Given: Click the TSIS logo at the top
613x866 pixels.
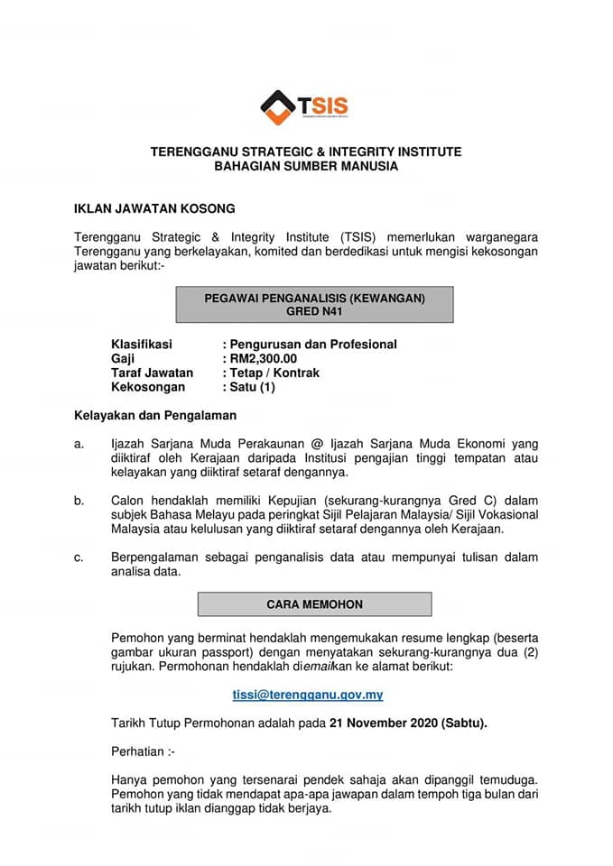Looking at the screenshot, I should pyautogui.click(x=304, y=107).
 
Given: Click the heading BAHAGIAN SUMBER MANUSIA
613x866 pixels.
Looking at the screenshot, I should pyautogui.click(x=306, y=167).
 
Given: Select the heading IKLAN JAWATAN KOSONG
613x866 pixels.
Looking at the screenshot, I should pyautogui.click(x=154, y=208).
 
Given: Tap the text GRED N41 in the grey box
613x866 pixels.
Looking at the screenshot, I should pyautogui.click(x=314, y=311).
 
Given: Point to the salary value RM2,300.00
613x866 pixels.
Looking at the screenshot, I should pyautogui.click(x=263, y=359).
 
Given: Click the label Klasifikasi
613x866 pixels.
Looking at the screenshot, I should pyautogui.click(x=141, y=345).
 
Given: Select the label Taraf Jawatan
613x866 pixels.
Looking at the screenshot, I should pyautogui.click(x=152, y=373).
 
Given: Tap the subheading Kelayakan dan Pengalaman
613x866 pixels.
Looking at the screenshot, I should pyautogui.click(x=154, y=416).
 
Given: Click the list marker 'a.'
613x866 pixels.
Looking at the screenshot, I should pyautogui.click(x=79, y=443).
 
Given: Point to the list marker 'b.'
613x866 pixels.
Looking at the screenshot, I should pyautogui.click(x=79, y=500).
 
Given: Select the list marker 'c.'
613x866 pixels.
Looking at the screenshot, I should pyautogui.click(x=79, y=557).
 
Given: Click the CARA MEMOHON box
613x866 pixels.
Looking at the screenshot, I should pyautogui.click(x=314, y=603).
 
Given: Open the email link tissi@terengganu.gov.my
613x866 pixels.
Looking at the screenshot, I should pyautogui.click(x=308, y=695).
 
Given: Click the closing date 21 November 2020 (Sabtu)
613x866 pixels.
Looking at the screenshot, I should pyautogui.click(x=408, y=723).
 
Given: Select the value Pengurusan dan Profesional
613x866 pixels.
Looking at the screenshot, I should pyautogui.click(x=313, y=345).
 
